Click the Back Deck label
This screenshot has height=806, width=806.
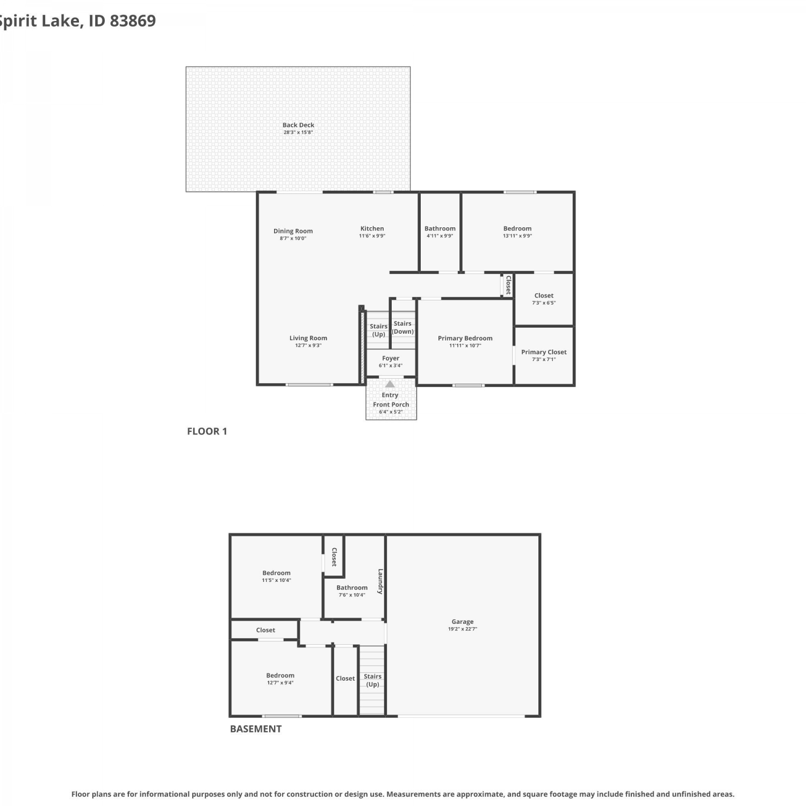tap(298, 125)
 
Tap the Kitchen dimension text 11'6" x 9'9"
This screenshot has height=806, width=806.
tap(372, 236)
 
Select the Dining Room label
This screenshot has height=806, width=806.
tap(293, 231)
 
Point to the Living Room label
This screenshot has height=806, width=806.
tap(308, 338)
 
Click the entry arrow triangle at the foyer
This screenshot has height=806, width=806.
tap(390, 384)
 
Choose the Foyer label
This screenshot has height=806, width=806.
tap(391, 358)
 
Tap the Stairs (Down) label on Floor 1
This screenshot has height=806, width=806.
tap(402, 327)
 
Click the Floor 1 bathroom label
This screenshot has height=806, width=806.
tap(440, 228)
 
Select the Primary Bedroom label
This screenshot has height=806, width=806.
tap(465, 338)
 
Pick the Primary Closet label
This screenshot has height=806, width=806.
tap(544, 352)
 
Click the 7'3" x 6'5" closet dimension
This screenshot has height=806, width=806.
tap(544, 303)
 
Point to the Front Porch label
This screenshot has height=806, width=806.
tap(391, 405)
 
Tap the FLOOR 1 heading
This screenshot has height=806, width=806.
tap(207, 431)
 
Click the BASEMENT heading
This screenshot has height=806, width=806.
tap(256, 729)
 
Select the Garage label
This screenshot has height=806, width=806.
tap(463, 622)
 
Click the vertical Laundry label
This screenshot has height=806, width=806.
tap(380, 581)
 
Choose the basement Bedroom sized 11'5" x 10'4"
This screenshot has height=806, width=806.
tap(276, 573)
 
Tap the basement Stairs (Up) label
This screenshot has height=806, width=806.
tap(372, 680)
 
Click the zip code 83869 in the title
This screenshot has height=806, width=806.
tap(133, 20)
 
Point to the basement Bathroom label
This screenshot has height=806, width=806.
tap(352, 588)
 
